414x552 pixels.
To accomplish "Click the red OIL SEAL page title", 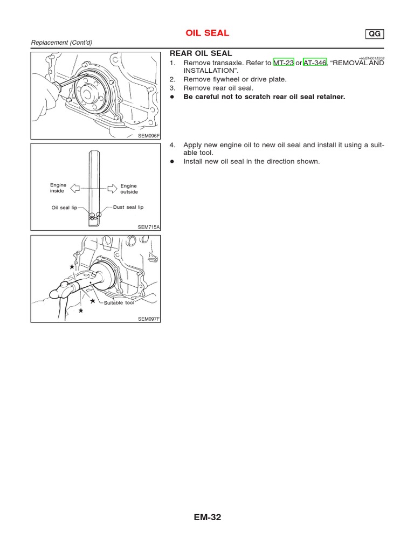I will pos(208,33).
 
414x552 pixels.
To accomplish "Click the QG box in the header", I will pos(374,34).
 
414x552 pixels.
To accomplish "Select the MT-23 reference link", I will pos(284,63).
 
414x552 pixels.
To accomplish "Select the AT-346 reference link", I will pos(315,63).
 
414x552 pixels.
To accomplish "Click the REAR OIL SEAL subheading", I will pos(201,53).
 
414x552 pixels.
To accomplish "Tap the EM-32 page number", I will pos(208,518).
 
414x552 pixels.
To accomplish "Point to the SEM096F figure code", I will pos(149,136).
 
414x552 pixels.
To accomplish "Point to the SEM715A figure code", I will pos(149,227).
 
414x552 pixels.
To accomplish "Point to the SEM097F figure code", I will pos(149,319).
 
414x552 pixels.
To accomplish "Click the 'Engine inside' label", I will pos(58,188).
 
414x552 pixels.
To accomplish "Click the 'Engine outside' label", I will pos(129,189).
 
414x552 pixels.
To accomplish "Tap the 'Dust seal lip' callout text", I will pos(128,207).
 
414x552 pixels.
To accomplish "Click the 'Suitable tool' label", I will pos(119,303).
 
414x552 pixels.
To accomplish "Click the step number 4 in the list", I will pos(172,145).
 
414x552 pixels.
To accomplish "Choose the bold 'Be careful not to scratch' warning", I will pos(264,97).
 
